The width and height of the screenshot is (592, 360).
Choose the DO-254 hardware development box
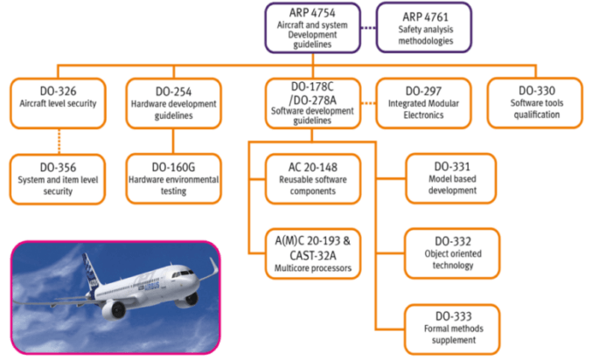171,103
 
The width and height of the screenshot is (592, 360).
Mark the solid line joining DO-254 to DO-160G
171,140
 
